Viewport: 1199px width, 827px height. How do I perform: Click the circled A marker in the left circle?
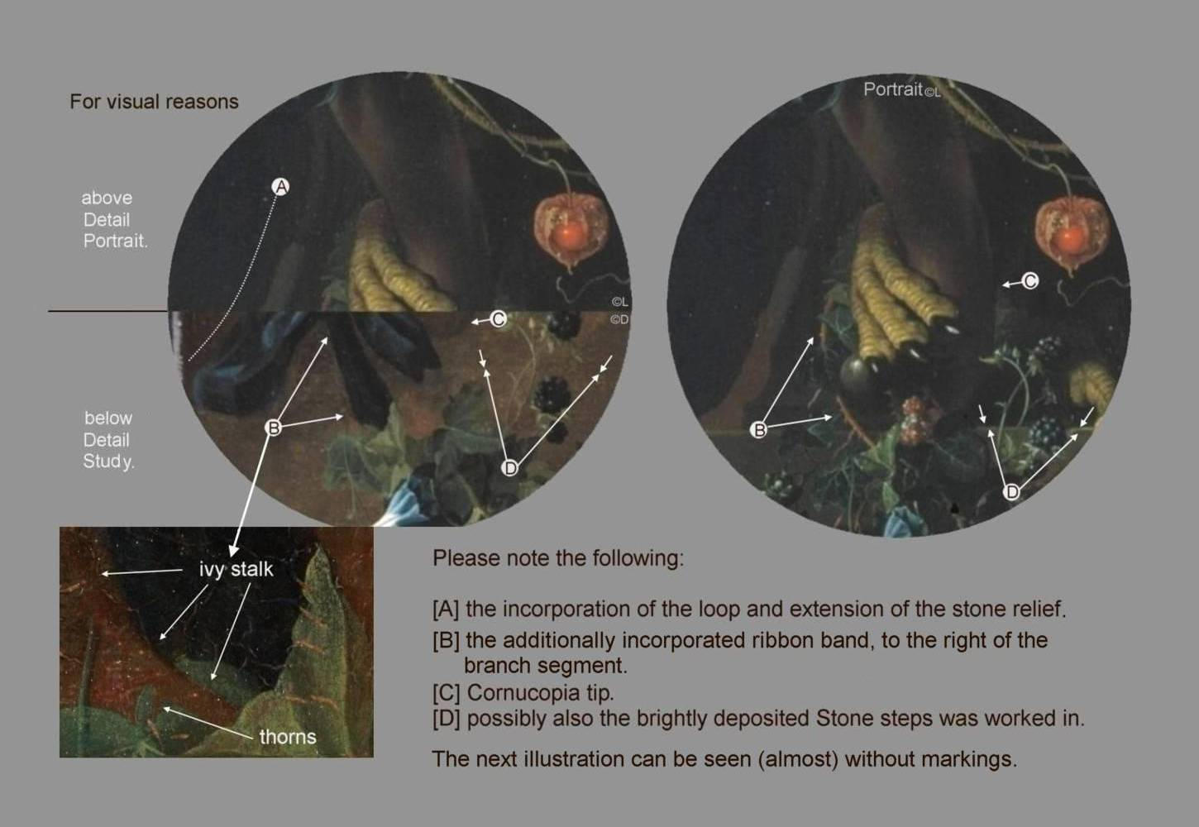point(280,187)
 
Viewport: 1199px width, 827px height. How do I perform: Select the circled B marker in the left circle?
point(273,428)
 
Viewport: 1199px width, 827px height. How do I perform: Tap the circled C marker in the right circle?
point(1029,280)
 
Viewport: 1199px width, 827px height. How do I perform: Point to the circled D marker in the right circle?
point(1011,491)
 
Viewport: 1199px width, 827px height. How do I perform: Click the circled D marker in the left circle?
point(510,468)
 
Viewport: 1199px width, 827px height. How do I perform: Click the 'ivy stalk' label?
point(236,570)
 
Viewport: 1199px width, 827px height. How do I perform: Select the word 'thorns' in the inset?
point(288,737)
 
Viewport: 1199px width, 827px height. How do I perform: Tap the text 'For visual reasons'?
point(154,102)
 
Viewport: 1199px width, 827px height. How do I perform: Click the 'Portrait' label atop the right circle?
point(893,89)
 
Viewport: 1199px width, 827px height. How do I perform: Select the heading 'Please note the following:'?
point(558,558)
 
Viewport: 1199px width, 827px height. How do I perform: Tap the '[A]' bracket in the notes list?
point(446,609)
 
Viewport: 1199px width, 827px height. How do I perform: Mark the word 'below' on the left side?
point(108,418)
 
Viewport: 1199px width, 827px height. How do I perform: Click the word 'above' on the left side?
point(107,198)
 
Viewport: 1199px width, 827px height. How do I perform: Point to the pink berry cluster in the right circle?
point(916,419)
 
